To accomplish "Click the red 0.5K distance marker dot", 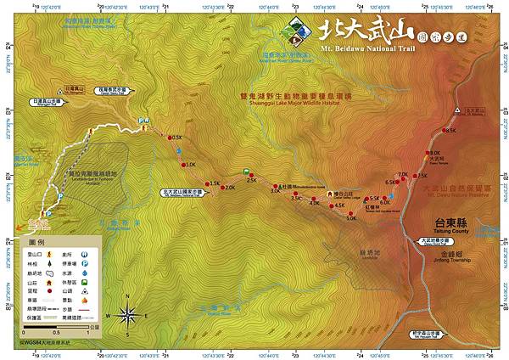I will tap(169, 138).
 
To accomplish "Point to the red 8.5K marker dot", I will tap(443, 131).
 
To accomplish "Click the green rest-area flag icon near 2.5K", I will tap(246, 171).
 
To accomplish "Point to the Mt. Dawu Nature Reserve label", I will tap(454, 192).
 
